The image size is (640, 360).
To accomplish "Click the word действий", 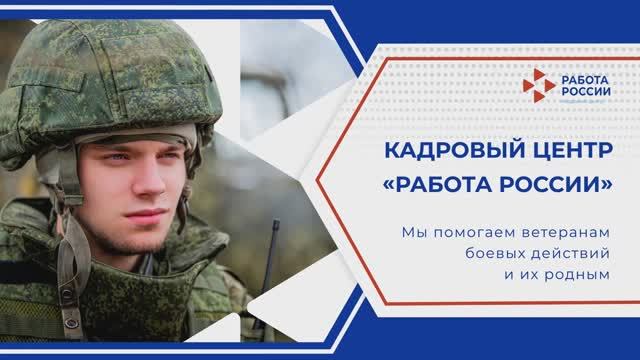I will tap(572, 253).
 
